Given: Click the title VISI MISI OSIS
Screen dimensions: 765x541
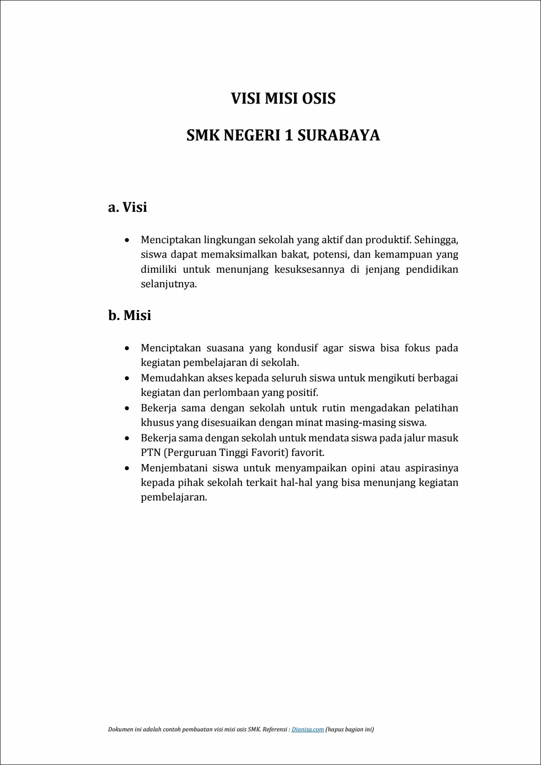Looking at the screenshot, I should [283, 99].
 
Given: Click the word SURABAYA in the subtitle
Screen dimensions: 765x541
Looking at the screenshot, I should [339, 135].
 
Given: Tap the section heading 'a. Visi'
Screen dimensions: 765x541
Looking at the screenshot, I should [128, 207].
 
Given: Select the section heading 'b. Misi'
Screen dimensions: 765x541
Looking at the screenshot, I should [130, 315].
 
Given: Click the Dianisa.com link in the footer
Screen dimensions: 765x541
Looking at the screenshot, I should [308, 730].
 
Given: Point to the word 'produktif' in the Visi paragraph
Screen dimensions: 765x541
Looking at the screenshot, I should [387, 240].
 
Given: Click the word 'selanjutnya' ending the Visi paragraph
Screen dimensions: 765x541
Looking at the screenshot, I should [168, 285].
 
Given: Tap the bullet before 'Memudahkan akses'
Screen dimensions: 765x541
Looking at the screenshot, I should [127, 378].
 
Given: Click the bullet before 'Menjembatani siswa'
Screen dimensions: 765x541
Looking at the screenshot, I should [127, 468].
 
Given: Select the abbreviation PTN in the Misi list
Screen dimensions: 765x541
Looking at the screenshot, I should [150, 453].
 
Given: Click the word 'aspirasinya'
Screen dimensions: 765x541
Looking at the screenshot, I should [431, 468].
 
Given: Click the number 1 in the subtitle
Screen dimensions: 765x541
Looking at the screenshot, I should [288, 135].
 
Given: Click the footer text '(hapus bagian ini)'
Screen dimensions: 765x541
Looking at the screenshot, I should [350, 730].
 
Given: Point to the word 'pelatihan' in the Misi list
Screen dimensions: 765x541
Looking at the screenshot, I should [436, 408].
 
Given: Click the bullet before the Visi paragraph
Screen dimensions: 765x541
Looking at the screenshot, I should [127, 240].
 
